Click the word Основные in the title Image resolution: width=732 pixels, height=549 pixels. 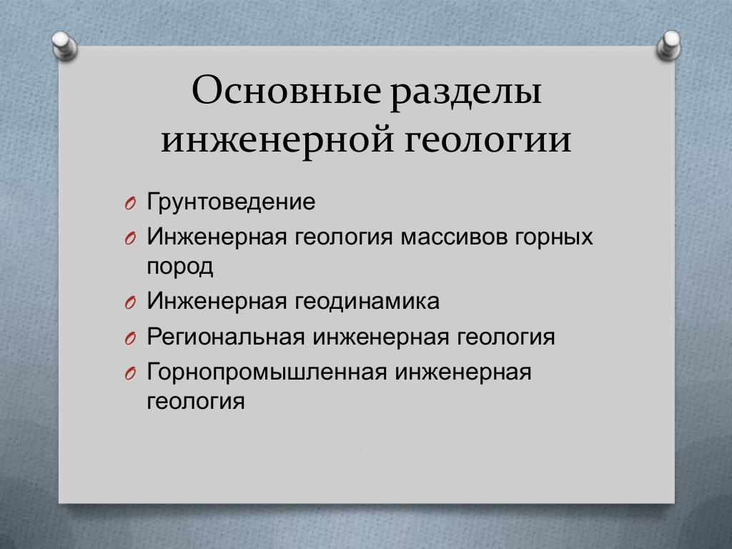pos(286,89)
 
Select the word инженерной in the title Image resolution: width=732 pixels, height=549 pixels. pos(277,140)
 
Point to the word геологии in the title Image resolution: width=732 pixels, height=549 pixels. pos(488,140)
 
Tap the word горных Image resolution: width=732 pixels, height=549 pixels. pos(554,238)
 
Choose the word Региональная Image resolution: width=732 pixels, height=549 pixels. pos(226,336)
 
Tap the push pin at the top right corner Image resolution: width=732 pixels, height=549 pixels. pos(668,45)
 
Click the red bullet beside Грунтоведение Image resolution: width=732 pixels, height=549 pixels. pos(130,204)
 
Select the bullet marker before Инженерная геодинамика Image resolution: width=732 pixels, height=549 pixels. pos(130,303)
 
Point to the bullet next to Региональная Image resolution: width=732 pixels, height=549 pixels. pos(130,338)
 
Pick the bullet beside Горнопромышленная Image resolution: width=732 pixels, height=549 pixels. pos(130,374)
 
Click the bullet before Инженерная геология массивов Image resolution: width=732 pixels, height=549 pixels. pos(130,239)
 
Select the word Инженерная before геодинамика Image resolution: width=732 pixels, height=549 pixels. pos(217,301)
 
